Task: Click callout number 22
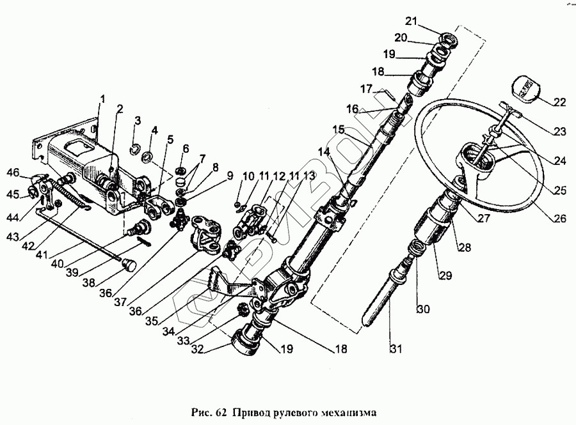pos(561,103)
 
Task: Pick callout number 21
pos(410,24)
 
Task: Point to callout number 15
pos(339,130)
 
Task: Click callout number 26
pos(561,219)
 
